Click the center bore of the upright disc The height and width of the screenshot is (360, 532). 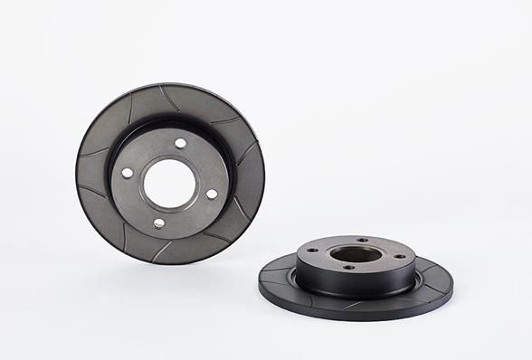pyautogui.click(x=169, y=184)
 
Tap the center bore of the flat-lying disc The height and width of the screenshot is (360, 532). pyautogui.click(x=355, y=254)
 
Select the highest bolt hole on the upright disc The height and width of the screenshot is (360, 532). pyautogui.click(x=181, y=143)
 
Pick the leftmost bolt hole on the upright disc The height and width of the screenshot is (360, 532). pyautogui.click(x=128, y=173)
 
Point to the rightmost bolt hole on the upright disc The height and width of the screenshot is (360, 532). pyautogui.click(x=212, y=194)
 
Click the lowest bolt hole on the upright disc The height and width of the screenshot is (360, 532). pyautogui.click(x=159, y=223)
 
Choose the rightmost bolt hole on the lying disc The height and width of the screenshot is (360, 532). pyautogui.click(x=399, y=256)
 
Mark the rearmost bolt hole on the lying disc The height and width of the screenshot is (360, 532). pyautogui.click(x=362, y=241)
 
